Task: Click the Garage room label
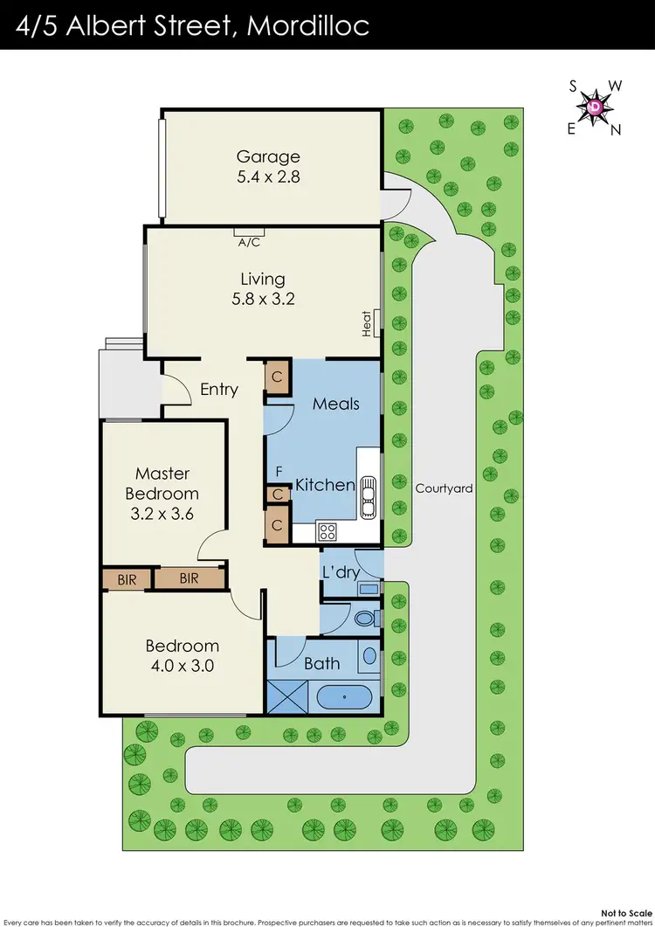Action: (x=268, y=157)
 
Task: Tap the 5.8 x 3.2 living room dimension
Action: (x=263, y=298)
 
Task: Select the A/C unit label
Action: (x=249, y=244)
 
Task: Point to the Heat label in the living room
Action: (x=368, y=323)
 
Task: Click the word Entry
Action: (x=218, y=390)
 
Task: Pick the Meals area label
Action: (x=336, y=404)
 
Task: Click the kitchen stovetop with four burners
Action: (x=328, y=530)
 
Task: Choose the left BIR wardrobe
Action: (x=127, y=578)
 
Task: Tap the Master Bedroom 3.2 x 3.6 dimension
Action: (x=162, y=514)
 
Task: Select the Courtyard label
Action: (x=444, y=488)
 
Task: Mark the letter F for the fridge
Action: (x=279, y=473)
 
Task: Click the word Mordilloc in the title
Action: (x=308, y=24)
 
